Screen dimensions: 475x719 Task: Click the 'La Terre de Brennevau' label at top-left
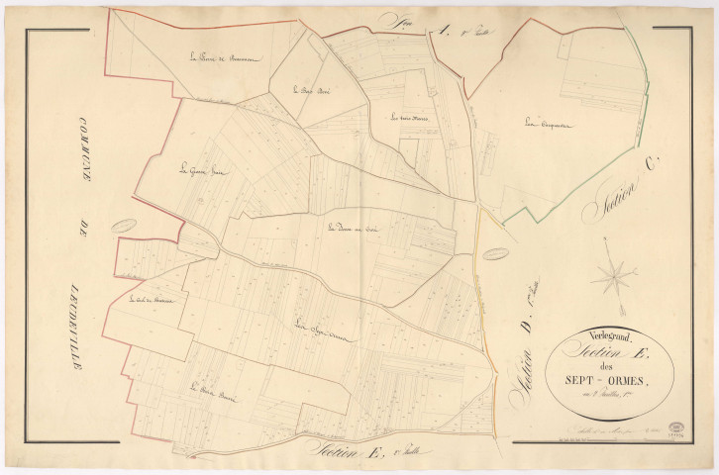[224, 57]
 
